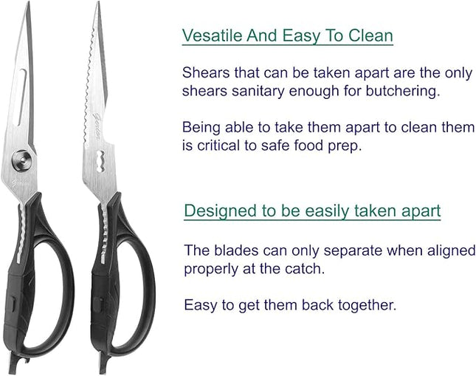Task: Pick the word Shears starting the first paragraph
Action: [205, 73]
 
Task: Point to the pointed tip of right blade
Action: [99, 6]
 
